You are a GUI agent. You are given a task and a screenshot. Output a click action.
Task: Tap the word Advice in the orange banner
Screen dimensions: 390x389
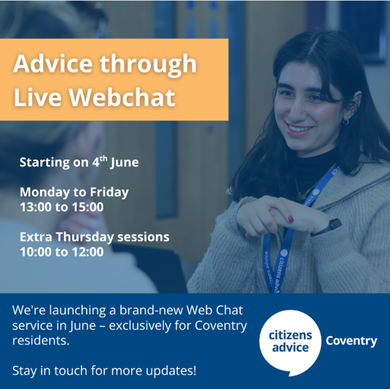pyautogui.click(x=53, y=64)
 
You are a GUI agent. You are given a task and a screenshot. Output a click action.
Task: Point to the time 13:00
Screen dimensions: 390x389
pyautogui.click(x=36, y=207)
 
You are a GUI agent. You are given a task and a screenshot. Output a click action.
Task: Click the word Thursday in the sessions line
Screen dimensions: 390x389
pyautogui.click(x=85, y=237)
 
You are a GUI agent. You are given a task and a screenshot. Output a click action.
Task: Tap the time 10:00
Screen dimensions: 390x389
pyautogui.click(x=36, y=252)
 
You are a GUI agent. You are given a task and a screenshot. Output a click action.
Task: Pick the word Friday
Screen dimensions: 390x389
pyautogui.click(x=109, y=193)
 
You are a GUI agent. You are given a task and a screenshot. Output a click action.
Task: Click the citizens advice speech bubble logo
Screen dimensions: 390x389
pyautogui.click(x=290, y=342)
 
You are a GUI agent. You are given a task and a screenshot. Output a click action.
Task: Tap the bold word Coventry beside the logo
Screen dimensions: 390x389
pyautogui.click(x=351, y=341)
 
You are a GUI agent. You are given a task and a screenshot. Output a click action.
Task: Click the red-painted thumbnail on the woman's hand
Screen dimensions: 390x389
pyautogui.click(x=290, y=219)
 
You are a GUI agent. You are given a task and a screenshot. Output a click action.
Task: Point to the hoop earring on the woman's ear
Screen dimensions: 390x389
pyautogui.click(x=346, y=121)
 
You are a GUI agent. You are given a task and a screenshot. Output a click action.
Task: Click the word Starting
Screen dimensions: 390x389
pyautogui.click(x=45, y=163)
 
